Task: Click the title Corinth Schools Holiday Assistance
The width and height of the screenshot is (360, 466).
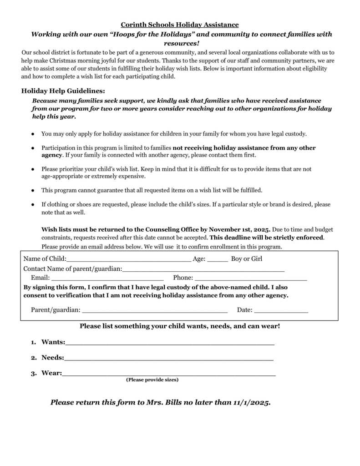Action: [x=179, y=25]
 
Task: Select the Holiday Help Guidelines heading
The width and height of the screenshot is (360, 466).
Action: [x=63, y=90]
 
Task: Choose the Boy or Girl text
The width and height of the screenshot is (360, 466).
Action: [x=247, y=259]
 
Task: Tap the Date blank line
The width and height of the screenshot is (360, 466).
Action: [x=281, y=311]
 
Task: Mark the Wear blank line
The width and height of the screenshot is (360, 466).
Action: [x=169, y=375]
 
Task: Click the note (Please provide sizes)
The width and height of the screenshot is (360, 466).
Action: [x=152, y=380]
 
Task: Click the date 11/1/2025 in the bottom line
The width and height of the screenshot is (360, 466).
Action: [x=251, y=403]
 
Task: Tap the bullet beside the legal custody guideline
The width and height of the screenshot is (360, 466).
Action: [x=33, y=134]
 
